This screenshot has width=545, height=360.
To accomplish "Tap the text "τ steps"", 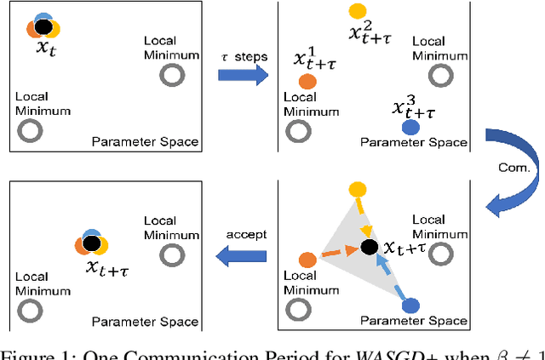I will click(x=243, y=56).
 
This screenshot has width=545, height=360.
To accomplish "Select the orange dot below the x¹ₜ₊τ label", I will click(x=307, y=82).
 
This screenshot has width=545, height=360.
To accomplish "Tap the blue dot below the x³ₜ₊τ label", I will click(x=410, y=127).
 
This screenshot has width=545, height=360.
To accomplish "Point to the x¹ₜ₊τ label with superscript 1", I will click(x=316, y=60).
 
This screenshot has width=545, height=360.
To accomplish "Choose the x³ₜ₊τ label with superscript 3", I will click(x=414, y=107).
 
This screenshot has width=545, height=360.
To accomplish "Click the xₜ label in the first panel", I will click(x=44, y=48).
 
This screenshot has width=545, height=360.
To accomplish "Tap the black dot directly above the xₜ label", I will click(x=44, y=27).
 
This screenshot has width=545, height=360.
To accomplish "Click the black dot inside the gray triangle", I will click(x=369, y=247).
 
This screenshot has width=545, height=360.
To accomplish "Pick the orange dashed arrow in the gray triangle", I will click(x=338, y=253).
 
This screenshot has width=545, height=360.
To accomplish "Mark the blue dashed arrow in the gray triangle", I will click(x=389, y=274).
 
